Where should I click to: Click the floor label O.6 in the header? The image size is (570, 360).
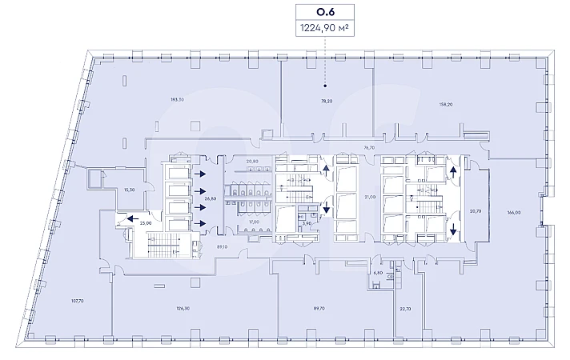(324, 12)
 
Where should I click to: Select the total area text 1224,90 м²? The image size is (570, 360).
(324, 27)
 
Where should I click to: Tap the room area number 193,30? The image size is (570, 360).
(177, 100)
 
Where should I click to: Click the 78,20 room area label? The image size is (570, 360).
(327, 101)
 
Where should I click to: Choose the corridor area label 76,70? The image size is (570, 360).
(369, 147)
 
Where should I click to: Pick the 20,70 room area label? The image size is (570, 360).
(476, 211)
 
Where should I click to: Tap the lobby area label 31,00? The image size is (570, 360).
(369, 197)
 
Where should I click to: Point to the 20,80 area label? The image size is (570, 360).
(253, 162)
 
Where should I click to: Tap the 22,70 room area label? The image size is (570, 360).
(405, 308)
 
